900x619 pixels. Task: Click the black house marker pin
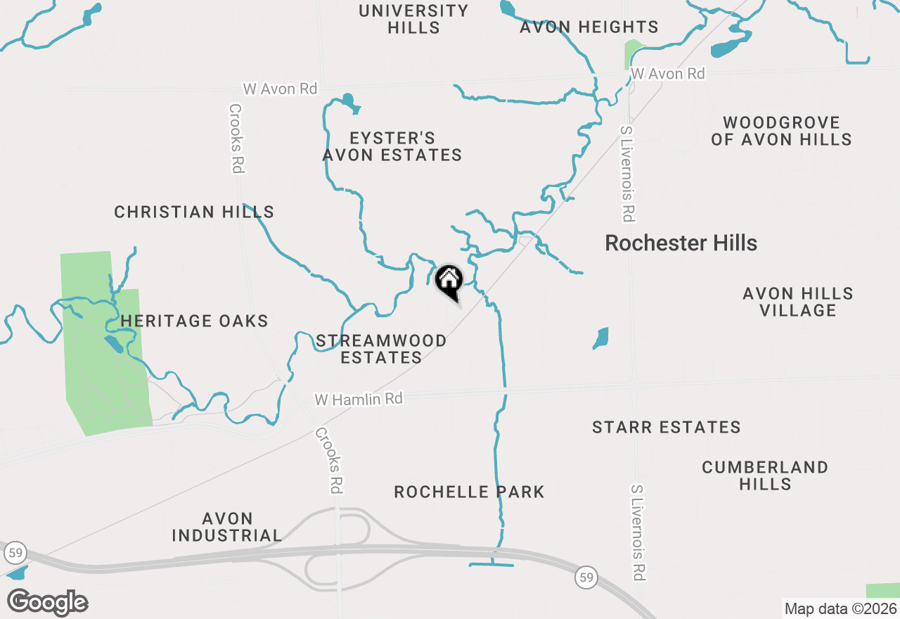(x=449, y=282)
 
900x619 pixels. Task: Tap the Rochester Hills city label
(x=681, y=243)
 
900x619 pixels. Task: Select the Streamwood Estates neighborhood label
(x=381, y=349)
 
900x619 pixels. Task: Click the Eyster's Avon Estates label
(x=392, y=146)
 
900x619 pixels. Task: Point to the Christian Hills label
(x=194, y=212)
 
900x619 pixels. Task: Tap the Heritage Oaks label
(x=194, y=321)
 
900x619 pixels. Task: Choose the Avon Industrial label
(x=226, y=527)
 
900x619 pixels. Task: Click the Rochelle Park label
(x=469, y=492)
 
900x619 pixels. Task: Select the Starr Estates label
(x=666, y=427)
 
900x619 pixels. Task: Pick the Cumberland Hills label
(x=765, y=476)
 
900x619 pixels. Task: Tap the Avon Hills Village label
(x=798, y=302)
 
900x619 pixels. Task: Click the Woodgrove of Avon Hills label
(x=781, y=131)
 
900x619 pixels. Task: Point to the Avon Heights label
(x=589, y=27)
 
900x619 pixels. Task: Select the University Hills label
(x=413, y=19)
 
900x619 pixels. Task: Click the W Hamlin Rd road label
(x=359, y=399)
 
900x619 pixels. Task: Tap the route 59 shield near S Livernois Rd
(x=585, y=577)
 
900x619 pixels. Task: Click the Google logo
(x=47, y=603)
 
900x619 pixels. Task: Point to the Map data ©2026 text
(x=840, y=608)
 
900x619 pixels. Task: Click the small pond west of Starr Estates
(x=600, y=338)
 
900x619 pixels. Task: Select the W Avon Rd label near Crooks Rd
(x=280, y=89)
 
